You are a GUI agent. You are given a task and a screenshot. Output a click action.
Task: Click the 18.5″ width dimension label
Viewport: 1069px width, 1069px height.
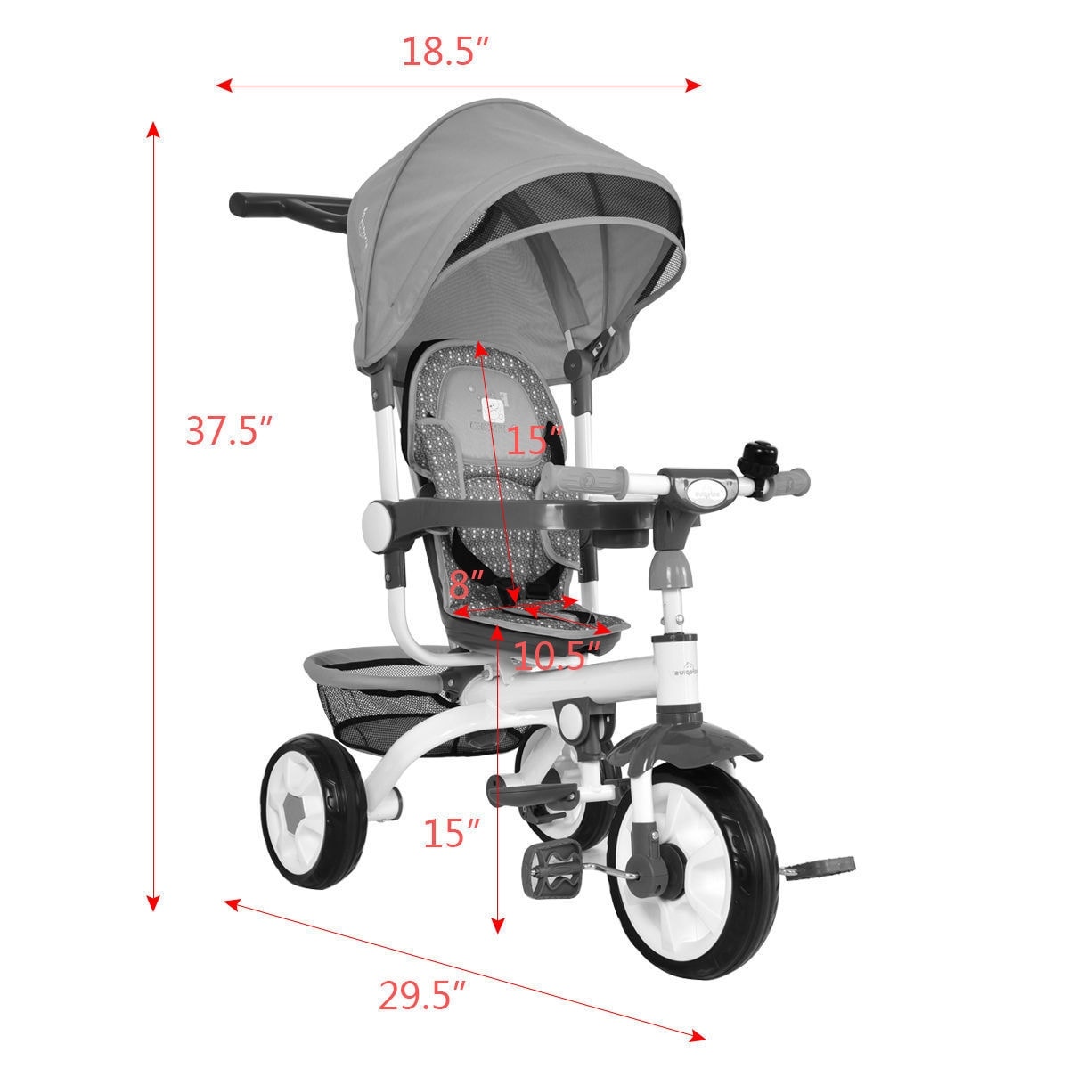[x=446, y=52]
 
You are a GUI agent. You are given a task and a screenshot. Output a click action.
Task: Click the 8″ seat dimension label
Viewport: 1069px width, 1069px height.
[x=466, y=585]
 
